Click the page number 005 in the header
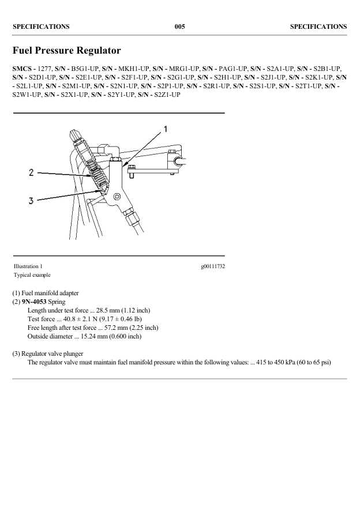pos(179,27)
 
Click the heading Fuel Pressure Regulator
pos(66,51)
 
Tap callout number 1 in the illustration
pos(166,129)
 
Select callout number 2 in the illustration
pos(32,172)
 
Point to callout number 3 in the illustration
pos(32,201)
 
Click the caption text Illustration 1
pos(28,266)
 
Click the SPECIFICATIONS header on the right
pos(318,27)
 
